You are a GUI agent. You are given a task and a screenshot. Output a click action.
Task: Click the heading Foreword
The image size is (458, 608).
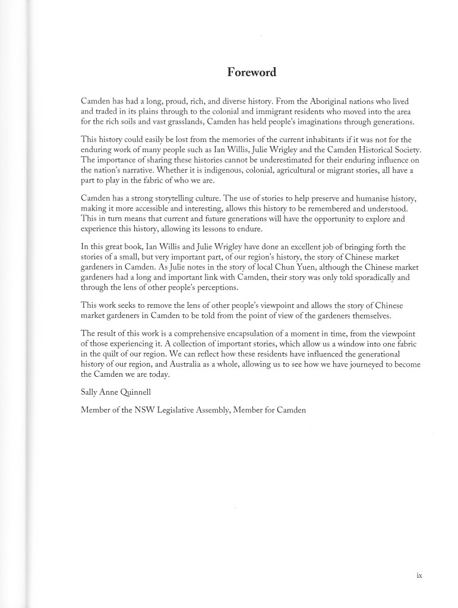252,73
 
